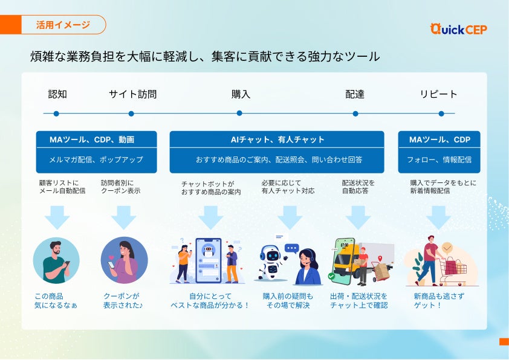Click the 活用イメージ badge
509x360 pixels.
pos(63,25)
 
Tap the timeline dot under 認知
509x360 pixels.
pos(56,114)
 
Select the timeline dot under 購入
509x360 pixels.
pos(239,114)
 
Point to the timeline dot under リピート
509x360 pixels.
pos(441,114)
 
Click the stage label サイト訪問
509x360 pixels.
pos(132,94)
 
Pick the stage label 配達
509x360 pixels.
pos(355,94)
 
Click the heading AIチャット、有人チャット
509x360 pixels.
pos(277,140)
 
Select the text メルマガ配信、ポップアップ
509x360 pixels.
pos(96,160)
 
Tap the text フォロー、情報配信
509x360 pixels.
pos(439,160)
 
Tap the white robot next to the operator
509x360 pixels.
pos(271,261)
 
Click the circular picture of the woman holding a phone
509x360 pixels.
pos(124,260)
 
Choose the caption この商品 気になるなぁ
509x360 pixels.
pos(56,301)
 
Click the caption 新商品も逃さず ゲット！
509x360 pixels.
pos(439,301)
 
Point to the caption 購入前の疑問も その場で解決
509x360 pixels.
pos(288,301)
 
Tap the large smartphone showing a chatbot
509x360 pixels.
pos(208,260)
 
